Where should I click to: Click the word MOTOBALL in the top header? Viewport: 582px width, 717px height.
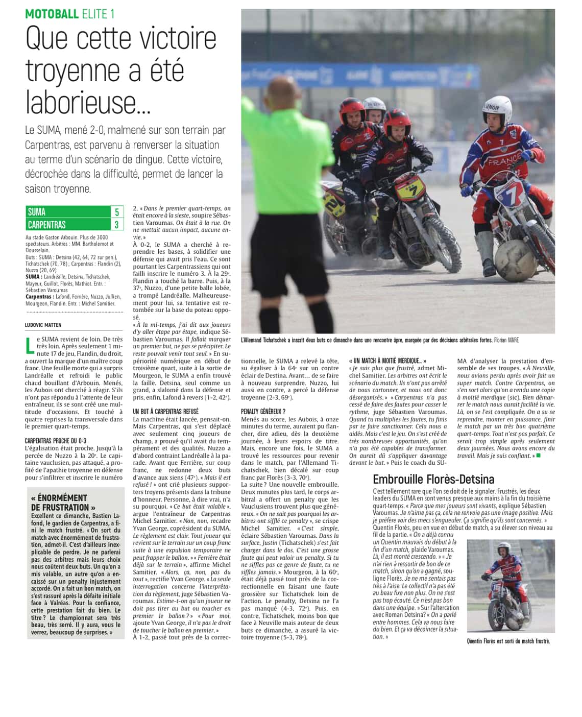pos(52,14)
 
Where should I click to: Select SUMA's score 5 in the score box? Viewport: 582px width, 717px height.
pos(117,212)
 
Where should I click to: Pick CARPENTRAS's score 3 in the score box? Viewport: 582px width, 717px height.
pos(117,225)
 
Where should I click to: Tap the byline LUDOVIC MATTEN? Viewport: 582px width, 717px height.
pos(43,325)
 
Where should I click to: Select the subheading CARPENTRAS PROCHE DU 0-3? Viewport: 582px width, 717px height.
pos(56,441)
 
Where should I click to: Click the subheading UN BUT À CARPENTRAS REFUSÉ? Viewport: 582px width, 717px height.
pos(165,411)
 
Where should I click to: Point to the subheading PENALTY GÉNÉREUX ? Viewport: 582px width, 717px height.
pos(263,411)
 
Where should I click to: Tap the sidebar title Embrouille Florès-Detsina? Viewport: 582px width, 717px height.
pos(433,479)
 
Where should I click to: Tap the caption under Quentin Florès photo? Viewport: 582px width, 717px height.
pos(508,641)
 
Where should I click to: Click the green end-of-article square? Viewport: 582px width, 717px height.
pos(538,455)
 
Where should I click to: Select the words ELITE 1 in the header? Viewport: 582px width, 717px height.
pos(98,14)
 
